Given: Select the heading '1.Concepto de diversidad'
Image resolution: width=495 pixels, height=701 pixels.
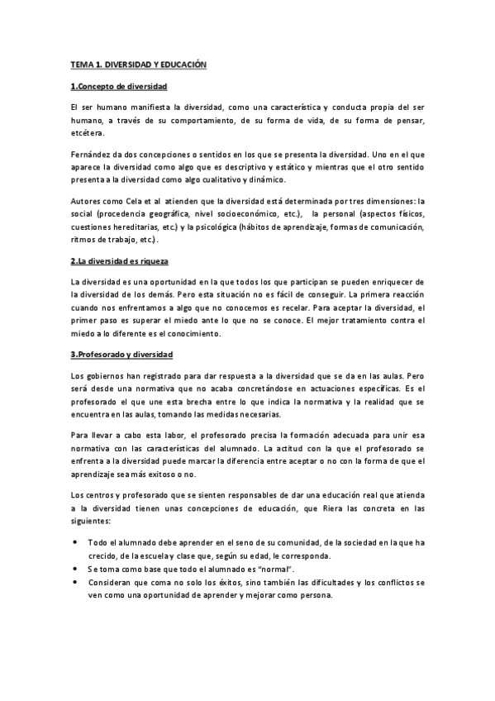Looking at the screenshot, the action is (x=119, y=87).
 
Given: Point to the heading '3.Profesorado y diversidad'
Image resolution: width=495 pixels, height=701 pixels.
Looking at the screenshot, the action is (x=121, y=355).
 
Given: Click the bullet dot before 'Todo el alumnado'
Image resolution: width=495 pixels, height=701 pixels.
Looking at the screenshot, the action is (x=77, y=542).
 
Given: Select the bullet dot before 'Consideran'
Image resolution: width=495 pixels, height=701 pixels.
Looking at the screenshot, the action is (x=77, y=582).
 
